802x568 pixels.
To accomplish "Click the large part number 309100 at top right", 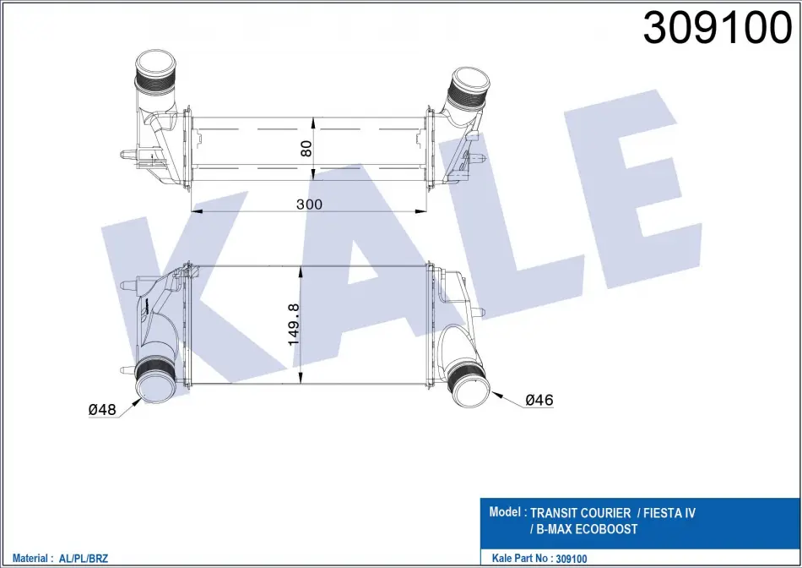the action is [717, 28].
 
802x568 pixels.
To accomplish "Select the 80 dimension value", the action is [306, 149].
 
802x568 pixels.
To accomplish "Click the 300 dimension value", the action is [310, 205].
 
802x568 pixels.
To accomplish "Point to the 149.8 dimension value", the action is [294, 325].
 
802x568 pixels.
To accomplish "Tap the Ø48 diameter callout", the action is [102, 409].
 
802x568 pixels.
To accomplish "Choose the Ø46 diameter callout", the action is [539, 400].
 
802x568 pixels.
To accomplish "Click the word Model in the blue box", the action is [505, 511].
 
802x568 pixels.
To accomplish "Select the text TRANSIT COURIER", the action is [581, 513].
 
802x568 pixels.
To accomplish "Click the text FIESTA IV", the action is [670, 513].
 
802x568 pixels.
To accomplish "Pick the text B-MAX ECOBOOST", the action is [586, 529].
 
